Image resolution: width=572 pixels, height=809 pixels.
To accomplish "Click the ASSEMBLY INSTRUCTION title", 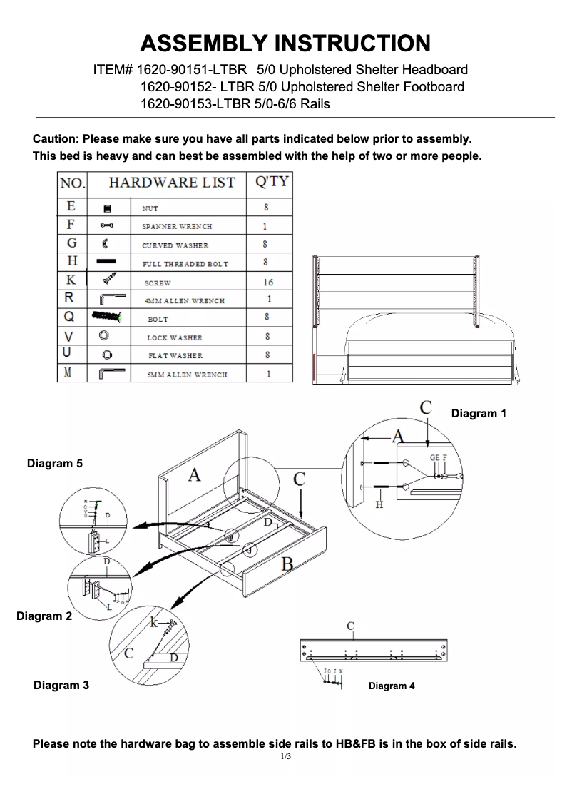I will pos(285,43).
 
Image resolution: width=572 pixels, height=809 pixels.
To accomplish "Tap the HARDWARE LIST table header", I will pos(171,183).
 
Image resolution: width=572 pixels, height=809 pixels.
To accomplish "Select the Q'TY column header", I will pos(271,182).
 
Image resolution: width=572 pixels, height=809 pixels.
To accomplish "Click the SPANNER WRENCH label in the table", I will pos(177,226).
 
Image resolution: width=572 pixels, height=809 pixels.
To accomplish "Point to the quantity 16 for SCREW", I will pos(268,283).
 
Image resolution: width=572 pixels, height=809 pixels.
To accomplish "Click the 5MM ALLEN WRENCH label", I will pos(187,375).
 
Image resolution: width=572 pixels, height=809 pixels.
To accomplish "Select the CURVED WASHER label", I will pos(175,245).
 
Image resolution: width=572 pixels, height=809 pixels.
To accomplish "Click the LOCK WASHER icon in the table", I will pos(104,336).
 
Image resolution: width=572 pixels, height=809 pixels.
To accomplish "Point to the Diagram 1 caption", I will pos(479,413).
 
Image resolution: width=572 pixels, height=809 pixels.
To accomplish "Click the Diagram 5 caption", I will pos(55,464).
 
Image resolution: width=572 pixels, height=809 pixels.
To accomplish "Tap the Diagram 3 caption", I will pos(61,686).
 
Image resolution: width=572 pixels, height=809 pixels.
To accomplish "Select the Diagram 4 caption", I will pos(392,686).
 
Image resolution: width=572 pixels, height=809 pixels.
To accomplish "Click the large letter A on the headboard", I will pos(194,474).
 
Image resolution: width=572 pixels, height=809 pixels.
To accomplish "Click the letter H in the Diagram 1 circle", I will pos(379,504).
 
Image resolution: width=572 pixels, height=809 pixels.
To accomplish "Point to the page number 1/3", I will pos(285,756).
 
